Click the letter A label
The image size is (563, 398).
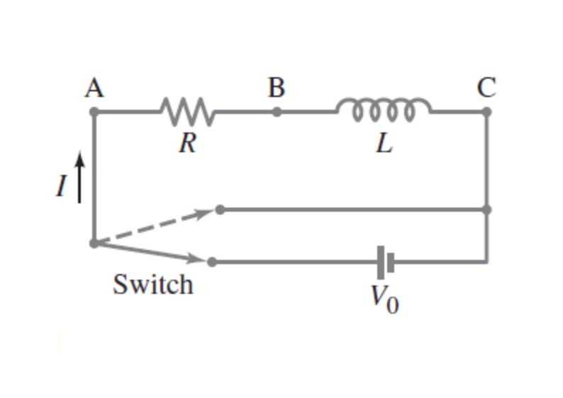pyautogui.click(x=94, y=89)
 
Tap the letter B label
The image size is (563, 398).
pyautogui.click(x=277, y=89)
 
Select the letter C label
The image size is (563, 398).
pyautogui.click(x=486, y=89)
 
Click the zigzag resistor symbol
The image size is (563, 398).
pyautogui.click(x=185, y=110)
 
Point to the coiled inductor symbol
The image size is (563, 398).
pyautogui.click(x=384, y=108)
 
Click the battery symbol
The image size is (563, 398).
pyautogui.click(x=386, y=262)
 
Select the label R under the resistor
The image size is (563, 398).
pyautogui.click(x=187, y=144)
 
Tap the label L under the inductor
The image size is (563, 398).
pyautogui.click(x=384, y=144)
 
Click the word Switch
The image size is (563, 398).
pyautogui.click(x=152, y=285)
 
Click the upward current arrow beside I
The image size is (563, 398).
pyautogui.click(x=79, y=177)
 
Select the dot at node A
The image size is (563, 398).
pyautogui.click(x=94, y=111)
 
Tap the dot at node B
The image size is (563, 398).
pyautogui.click(x=277, y=111)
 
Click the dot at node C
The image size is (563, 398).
pyautogui.click(x=486, y=111)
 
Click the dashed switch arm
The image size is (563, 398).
pyautogui.click(x=156, y=226)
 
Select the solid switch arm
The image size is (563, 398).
pyautogui.click(x=152, y=253)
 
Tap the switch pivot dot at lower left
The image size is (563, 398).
pyautogui.click(x=94, y=243)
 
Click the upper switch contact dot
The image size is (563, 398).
pyautogui.click(x=220, y=210)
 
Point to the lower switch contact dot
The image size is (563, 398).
pyautogui.click(x=212, y=262)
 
